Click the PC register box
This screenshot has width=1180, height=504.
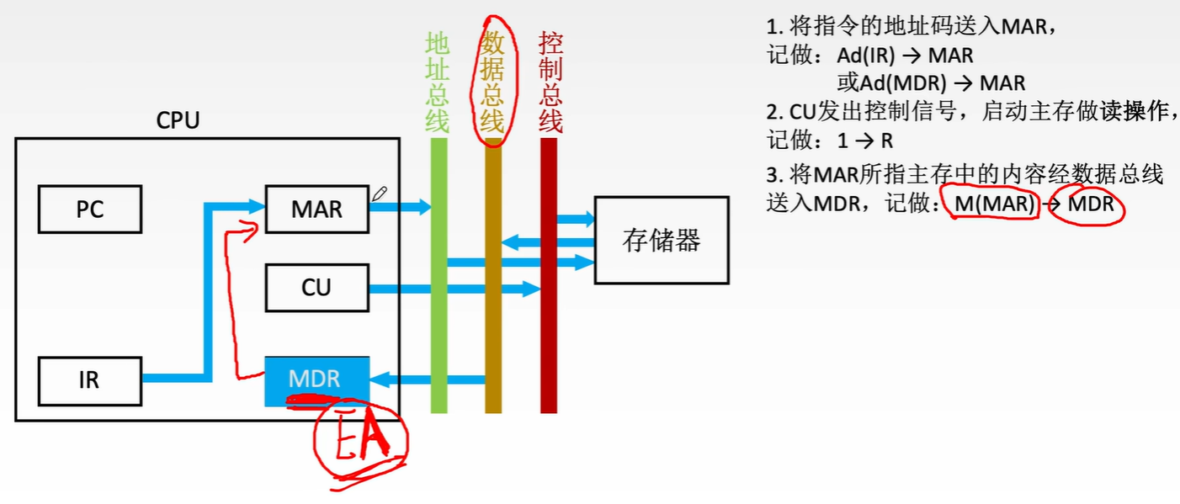coord(89,209)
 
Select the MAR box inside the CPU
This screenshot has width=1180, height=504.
coord(316,209)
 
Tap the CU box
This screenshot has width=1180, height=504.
coord(316,288)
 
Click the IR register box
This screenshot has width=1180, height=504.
coord(89,380)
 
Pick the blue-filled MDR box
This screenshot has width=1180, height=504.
coord(316,379)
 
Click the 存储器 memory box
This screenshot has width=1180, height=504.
coord(661,241)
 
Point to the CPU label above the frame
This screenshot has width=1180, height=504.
coord(178,120)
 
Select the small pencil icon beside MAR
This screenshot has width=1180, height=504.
coord(380,194)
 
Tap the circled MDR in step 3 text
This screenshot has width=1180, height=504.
coord(1091,204)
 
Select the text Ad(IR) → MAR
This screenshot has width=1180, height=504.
coord(905,56)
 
